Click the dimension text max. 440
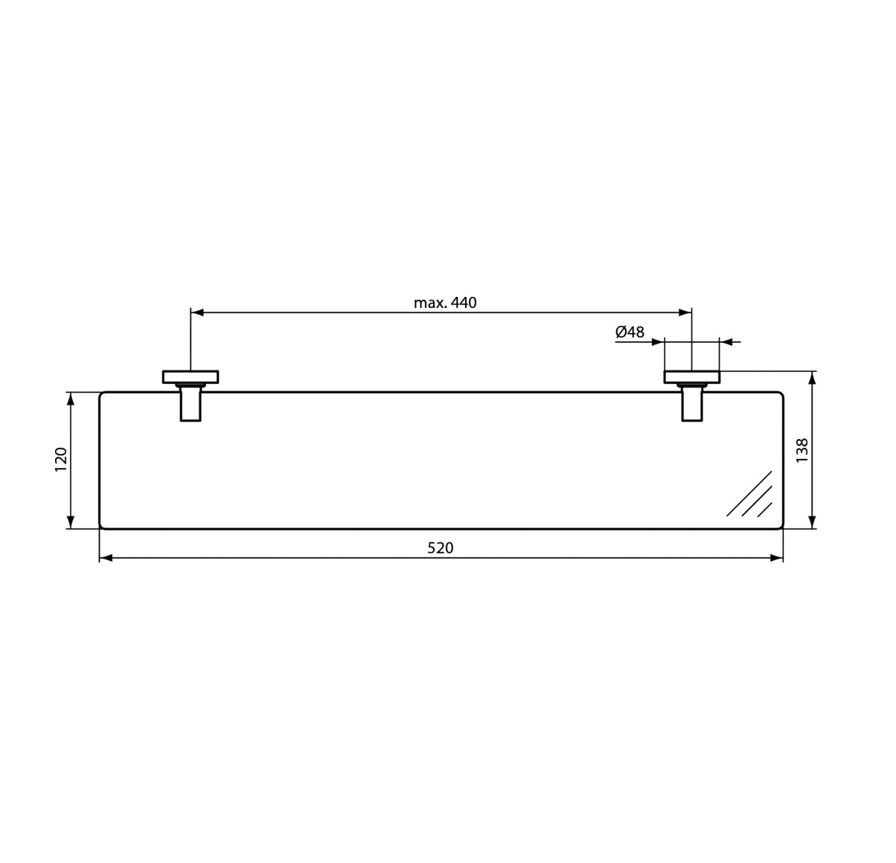[x=445, y=303]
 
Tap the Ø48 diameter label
[x=630, y=332]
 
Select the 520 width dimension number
[x=440, y=548]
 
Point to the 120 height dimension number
[x=61, y=459]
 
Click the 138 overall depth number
[x=801, y=451]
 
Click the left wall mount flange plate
[x=191, y=376]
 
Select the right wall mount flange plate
[x=692, y=376]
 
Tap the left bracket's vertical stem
[x=191, y=404]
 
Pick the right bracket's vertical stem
[x=692, y=404]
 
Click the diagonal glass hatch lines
[x=749, y=494]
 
